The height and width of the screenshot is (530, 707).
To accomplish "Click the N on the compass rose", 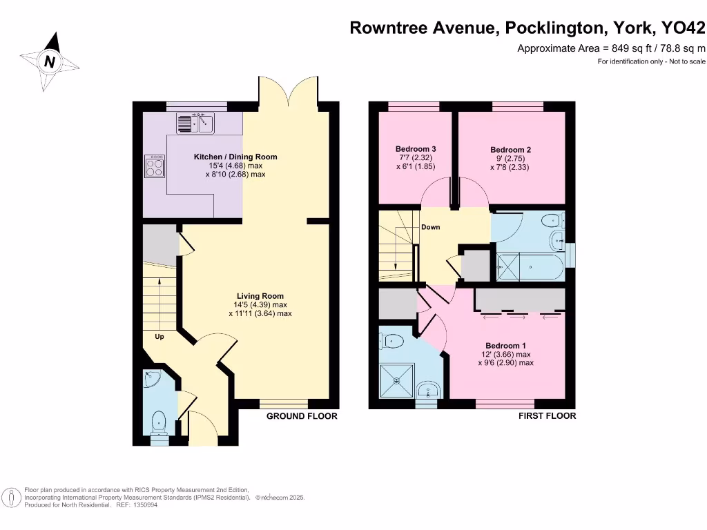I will (50, 61).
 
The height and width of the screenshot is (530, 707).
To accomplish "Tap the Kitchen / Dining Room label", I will (235, 157).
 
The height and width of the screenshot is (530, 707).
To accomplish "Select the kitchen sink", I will (196, 124).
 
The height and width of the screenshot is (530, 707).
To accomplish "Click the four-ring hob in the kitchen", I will (155, 166).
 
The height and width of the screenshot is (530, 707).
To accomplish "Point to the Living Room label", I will (260, 296).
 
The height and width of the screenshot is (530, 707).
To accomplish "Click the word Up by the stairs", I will (159, 337).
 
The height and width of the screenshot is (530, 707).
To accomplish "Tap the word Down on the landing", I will (431, 227).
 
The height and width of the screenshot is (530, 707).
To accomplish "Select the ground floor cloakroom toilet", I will (159, 421).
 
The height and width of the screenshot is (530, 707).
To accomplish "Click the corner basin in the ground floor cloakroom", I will (153, 378).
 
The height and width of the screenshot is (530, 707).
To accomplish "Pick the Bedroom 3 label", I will (415, 149).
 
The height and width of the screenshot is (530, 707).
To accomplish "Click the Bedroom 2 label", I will (510, 150).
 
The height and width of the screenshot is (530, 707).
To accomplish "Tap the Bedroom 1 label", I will (505, 346).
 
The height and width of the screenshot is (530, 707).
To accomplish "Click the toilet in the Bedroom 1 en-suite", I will (393, 340).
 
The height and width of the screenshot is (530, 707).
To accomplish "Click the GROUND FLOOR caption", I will (302, 416).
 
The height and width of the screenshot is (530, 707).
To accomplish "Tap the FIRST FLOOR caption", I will (547, 416).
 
